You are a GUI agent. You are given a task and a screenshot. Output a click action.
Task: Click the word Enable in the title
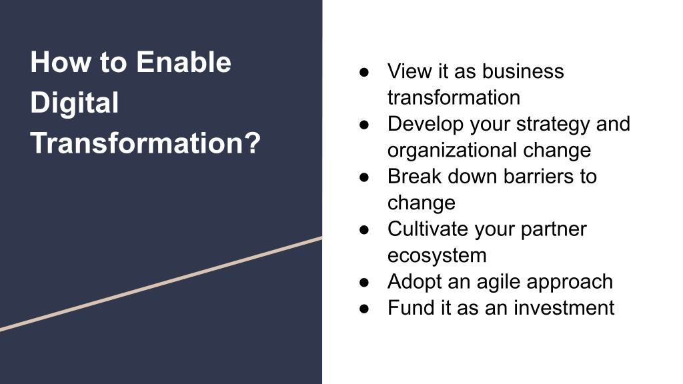click(x=183, y=62)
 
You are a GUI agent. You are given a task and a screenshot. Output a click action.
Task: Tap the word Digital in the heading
click(x=75, y=103)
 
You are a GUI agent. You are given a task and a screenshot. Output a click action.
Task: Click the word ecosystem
click(x=437, y=255)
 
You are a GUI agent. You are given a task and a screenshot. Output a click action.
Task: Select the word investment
click(x=564, y=308)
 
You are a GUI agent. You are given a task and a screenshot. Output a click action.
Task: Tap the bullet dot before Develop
click(x=364, y=125)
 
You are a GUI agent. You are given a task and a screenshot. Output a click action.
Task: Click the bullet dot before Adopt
click(x=364, y=283)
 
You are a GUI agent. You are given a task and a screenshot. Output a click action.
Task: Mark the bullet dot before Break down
click(x=364, y=177)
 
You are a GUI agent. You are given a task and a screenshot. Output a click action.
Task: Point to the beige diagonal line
click(x=161, y=284)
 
